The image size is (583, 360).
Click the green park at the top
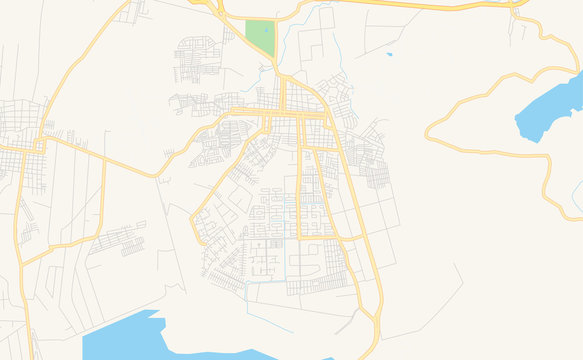tap(260, 38)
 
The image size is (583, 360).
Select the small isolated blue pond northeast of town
tap(388, 54)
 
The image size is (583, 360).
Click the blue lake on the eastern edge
tap(552, 107)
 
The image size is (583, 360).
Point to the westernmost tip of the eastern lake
tap(516, 121)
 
